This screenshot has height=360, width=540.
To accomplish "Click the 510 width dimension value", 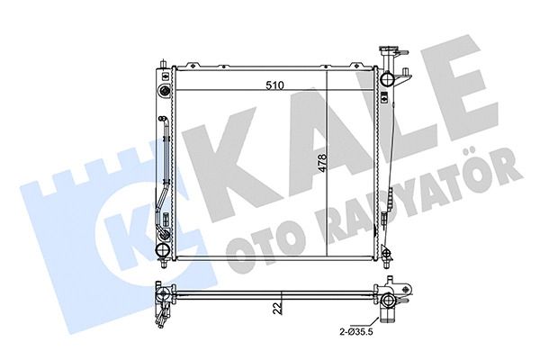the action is click(x=274, y=85).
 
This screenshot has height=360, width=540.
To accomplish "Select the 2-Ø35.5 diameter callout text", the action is click(x=356, y=332).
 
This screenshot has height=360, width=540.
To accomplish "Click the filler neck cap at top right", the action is click(x=387, y=49).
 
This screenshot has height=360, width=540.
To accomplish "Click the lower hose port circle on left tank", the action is click(x=162, y=250).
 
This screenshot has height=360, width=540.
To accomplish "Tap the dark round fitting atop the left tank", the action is click(x=165, y=91).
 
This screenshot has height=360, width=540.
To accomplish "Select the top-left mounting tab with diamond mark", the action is click(x=193, y=65).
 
